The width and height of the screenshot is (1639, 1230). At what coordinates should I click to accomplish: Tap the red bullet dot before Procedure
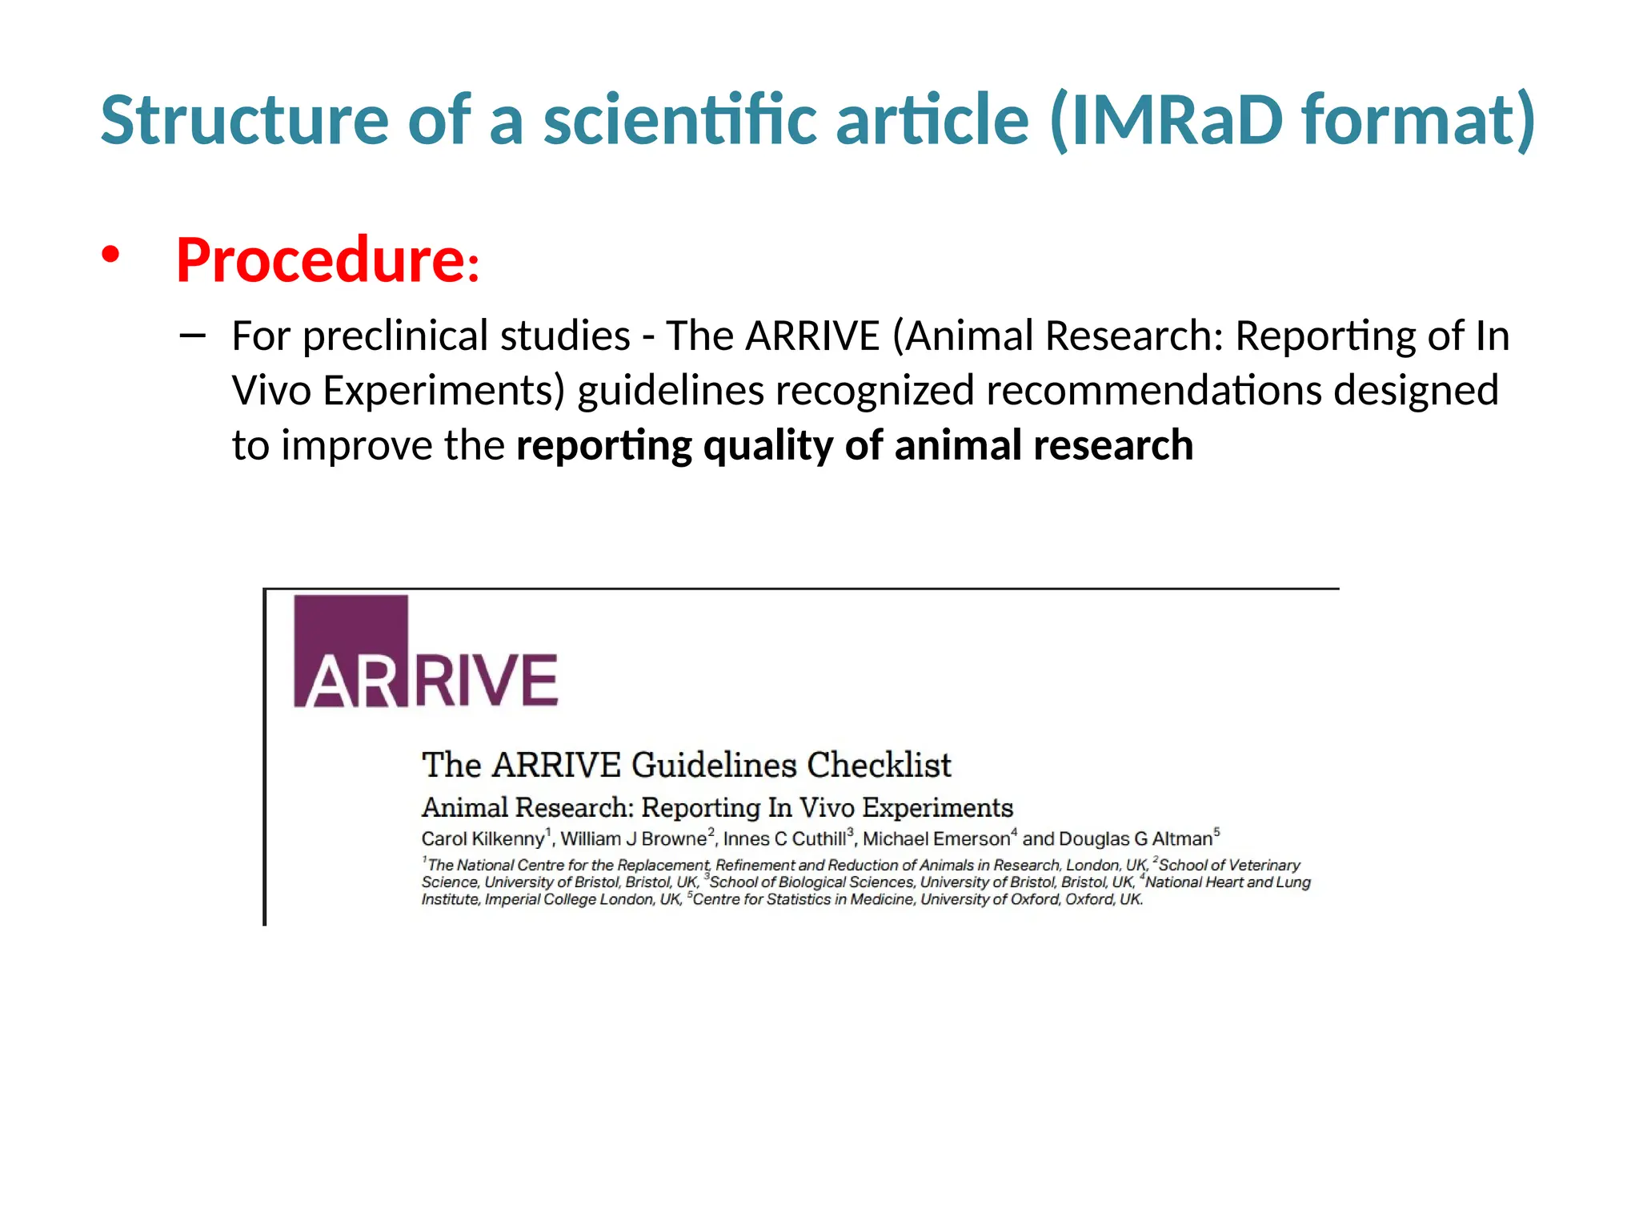coord(110,255)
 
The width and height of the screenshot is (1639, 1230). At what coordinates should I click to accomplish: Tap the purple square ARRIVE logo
coord(351,651)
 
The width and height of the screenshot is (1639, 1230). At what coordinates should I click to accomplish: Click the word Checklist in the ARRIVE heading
coord(879,765)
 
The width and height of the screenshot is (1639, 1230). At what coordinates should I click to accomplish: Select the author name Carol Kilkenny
coord(483,839)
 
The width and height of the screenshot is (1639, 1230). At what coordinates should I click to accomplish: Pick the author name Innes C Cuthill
coord(784,839)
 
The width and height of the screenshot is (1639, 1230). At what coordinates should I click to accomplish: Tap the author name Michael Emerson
coord(936,839)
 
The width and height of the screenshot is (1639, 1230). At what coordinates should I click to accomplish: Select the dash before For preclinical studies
coord(192,336)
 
